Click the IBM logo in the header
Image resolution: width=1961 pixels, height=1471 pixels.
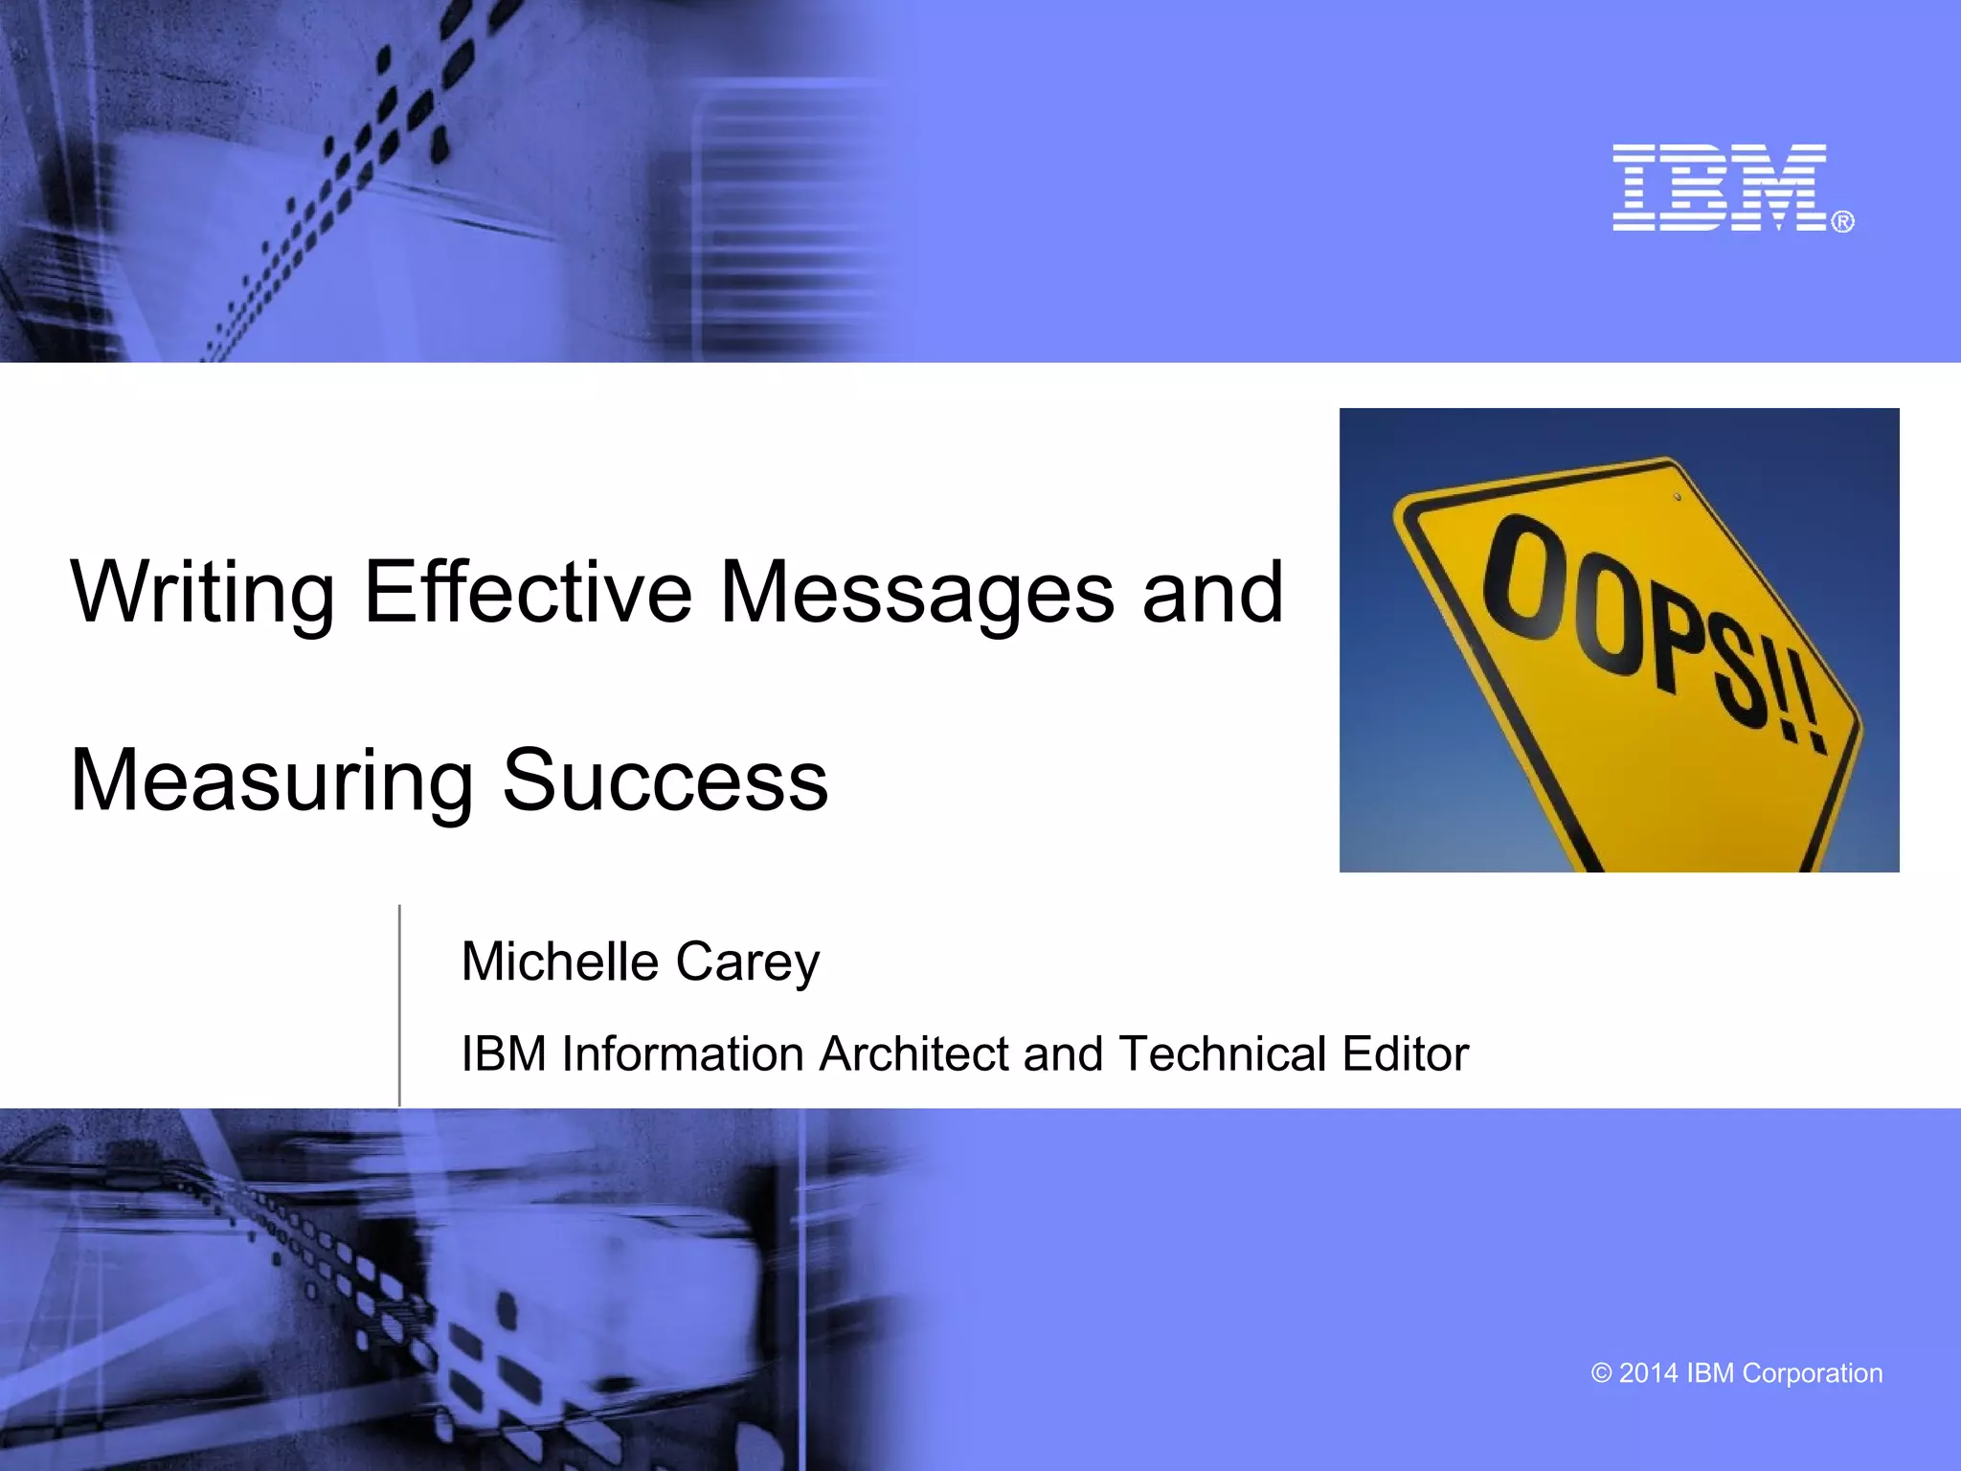[1720, 188]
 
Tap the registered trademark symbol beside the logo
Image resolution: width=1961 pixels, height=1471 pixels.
[1843, 222]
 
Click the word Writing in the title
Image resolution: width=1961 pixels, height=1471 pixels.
[202, 593]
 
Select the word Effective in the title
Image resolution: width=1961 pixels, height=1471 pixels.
[528, 591]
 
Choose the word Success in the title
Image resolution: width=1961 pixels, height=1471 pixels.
[665, 781]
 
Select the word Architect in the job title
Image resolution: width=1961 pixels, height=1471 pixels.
[913, 1053]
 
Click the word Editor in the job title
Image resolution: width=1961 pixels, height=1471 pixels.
[1405, 1053]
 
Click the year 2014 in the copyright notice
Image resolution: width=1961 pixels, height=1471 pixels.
[1648, 1373]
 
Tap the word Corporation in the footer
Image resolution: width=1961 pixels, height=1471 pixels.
[1812, 1373]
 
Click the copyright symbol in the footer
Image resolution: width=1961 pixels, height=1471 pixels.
[1601, 1373]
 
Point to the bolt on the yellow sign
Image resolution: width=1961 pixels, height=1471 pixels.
[1678, 497]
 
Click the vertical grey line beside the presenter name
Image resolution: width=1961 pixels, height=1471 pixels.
[399, 1006]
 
